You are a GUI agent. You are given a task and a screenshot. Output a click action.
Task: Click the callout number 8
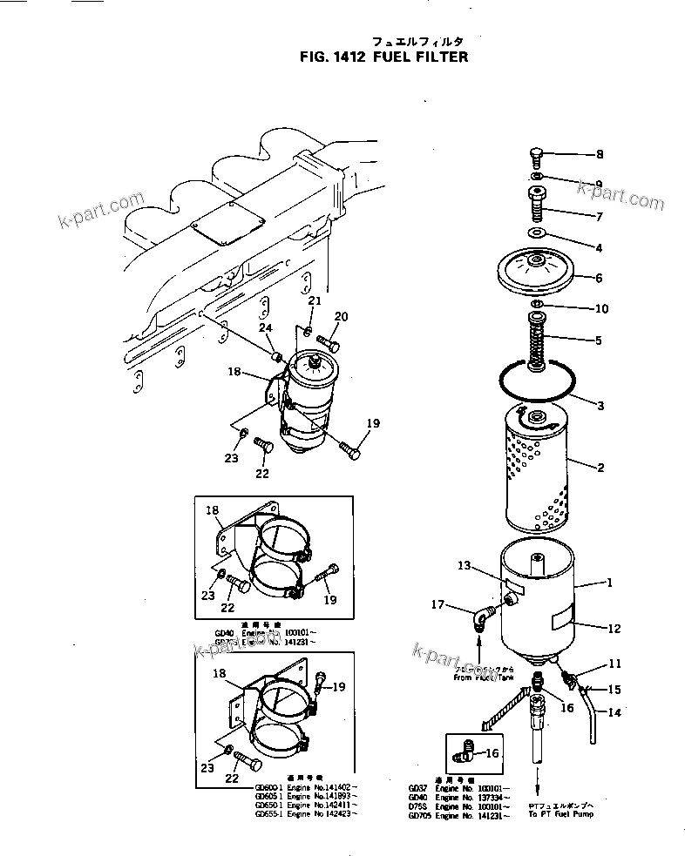[x=599, y=155]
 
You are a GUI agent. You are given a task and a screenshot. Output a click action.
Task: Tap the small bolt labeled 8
[x=537, y=159]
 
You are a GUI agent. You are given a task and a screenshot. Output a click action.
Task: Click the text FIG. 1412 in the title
[x=326, y=57]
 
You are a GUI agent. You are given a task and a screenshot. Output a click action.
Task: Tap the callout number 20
[x=342, y=316]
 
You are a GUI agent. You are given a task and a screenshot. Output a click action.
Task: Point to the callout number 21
[x=315, y=301]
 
